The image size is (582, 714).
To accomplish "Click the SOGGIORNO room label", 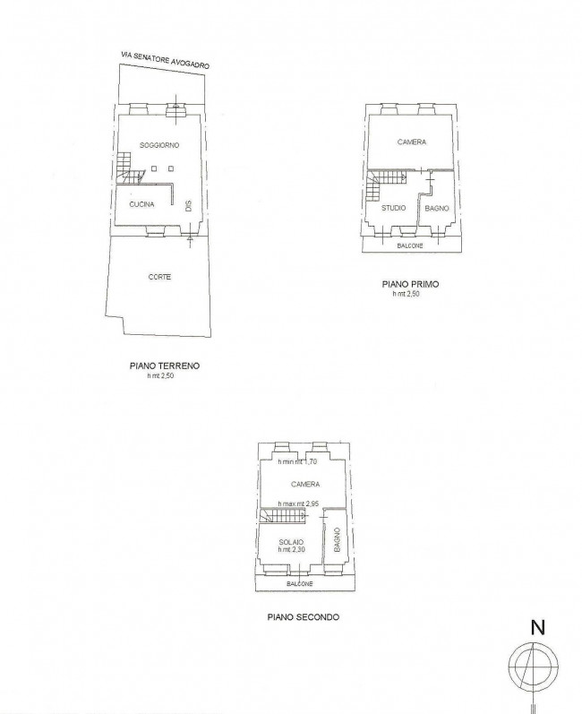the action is pyautogui.click(x=159, y=145).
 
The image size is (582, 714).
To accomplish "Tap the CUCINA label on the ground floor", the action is pyautogui.click(x=142, y=204).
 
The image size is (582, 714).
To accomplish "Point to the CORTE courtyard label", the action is pyautogui.click(x=159, y=277).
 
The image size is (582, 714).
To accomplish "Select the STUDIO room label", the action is pyautogui.click(x=394, y=208).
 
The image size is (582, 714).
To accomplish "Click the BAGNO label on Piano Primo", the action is pyautogui.click(x=437, y=208).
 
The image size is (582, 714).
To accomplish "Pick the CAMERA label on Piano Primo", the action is pyautogui.click(x=412, y=142).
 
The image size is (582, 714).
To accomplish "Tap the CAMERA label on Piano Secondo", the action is pyautogui.click(x=305, y=484).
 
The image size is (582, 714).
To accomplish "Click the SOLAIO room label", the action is pyautogui.click(x=291, y=542).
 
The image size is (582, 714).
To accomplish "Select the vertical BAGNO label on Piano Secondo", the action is pyautogui.click(x=338, y=539).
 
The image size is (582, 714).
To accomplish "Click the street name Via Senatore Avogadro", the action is pyautogui.click(x=165, y=60).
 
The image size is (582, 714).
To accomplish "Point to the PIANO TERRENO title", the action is pyautogui.click(x=165, y=366).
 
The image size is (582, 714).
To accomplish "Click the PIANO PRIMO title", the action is pyautogui.click(x=410, y=284).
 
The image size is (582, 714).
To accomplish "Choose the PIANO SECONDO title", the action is pyautogui.click(x=303, y=617).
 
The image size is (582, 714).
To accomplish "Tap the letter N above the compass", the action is pyautogui.click(x=538, y=628).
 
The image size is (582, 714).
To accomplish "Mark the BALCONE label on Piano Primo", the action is pyautogui.click(x=410, y=245).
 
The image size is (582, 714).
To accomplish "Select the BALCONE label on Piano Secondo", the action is pyautogui.click(x=299, y=584).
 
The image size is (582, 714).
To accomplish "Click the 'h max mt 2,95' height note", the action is pyautogui.click(x=298, y=503).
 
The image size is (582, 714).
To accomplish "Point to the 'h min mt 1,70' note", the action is pyautogui.click(x=297, y=461).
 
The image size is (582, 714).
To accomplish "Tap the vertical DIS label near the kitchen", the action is pyautogui.click(x=188, y=206).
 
